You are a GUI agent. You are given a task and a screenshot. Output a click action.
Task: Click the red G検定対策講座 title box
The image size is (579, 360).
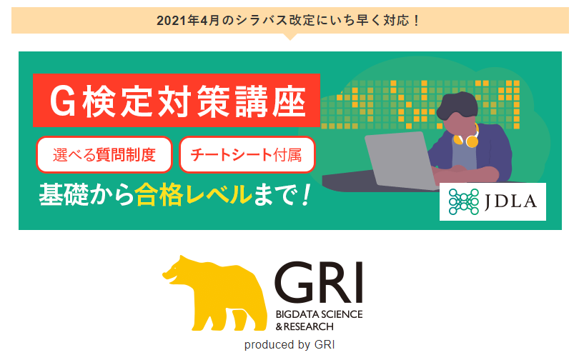tap(177, 100)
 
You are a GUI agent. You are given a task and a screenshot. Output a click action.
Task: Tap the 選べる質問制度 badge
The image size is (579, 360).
tap(104, 154)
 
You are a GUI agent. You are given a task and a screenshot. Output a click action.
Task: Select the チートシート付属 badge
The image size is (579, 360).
tap(247, 154)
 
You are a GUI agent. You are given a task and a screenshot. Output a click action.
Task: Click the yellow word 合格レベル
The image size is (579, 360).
tap(194, 195)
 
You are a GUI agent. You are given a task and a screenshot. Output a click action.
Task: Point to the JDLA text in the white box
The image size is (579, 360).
tap(510, 201)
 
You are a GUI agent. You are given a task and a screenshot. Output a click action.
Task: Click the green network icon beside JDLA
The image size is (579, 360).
tap(463, 201)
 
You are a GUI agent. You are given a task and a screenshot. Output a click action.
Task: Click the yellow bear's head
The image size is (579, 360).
tap(177, 271)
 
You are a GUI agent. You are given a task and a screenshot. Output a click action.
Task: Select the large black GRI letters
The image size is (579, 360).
tap(319, 282)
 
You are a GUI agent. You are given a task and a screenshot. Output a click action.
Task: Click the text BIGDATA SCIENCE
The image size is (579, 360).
tap(319, 314)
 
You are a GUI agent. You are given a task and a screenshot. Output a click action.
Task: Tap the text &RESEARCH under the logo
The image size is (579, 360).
tap(305, 326)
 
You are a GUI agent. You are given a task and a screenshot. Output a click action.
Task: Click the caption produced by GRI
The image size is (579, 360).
tap(289, 344)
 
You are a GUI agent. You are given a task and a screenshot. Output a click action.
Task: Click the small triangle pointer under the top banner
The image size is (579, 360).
tap(290, 36)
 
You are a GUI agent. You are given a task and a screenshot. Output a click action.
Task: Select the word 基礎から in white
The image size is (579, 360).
tap(86, 195)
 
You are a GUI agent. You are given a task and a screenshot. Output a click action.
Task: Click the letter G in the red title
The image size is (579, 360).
tap(63, 101)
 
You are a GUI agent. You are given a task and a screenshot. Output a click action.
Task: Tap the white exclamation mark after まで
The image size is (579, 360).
tap(305, 195)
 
